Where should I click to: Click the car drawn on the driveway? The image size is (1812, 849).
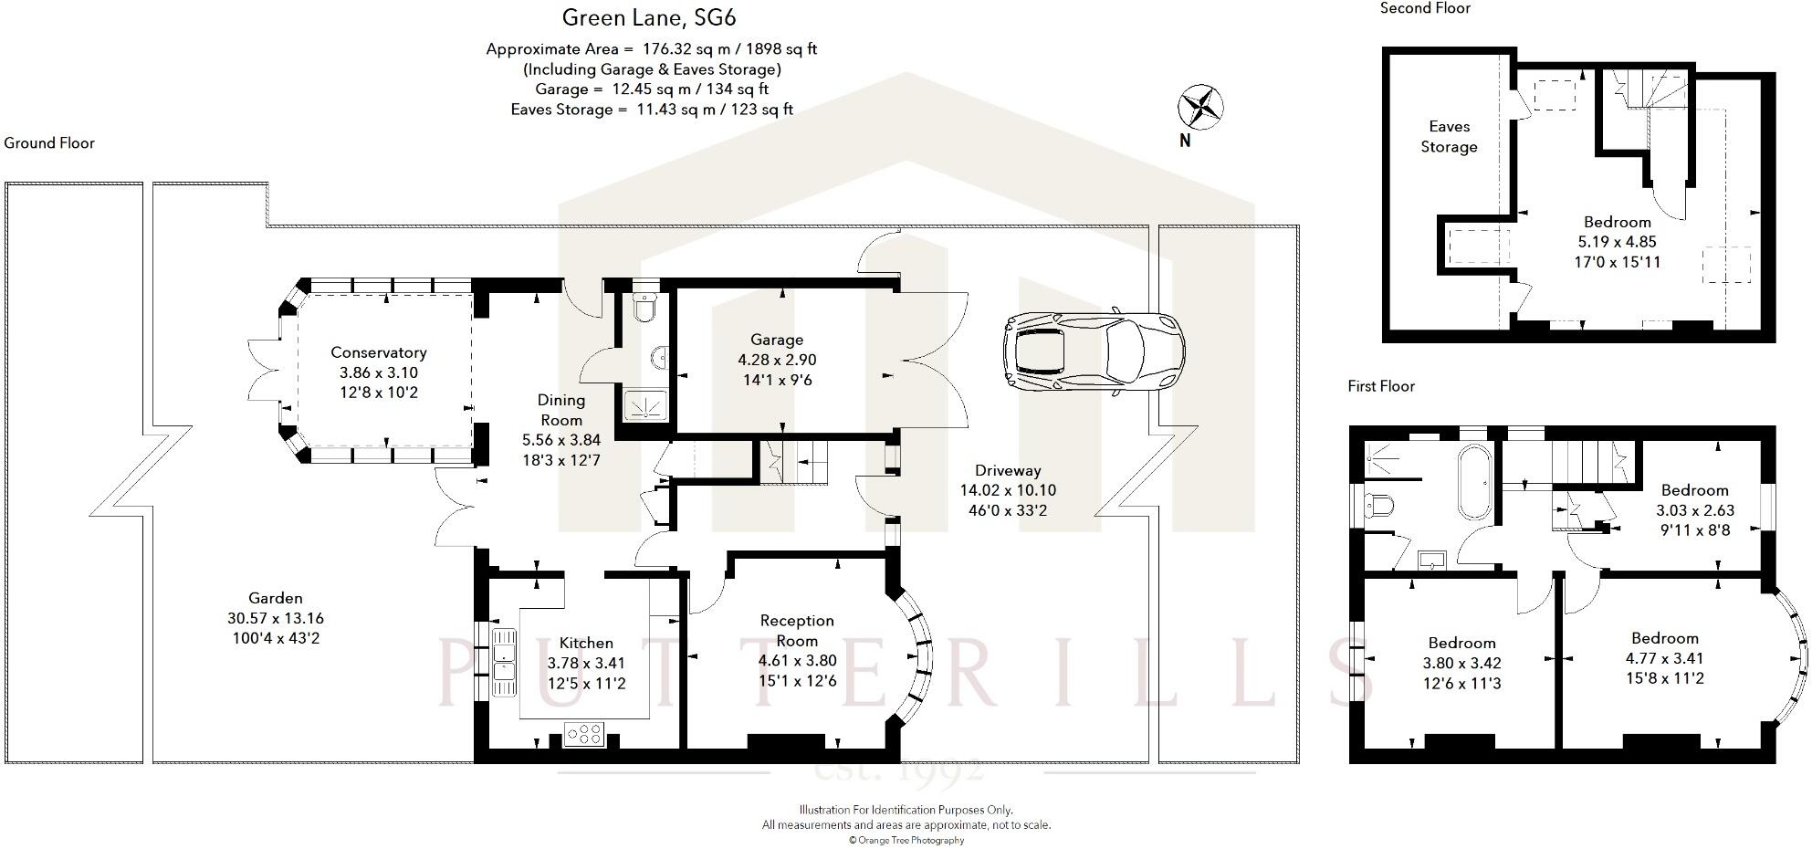(1095, 351)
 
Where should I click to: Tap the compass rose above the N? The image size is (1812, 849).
(1200, 108)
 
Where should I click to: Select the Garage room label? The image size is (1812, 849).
(777, 340)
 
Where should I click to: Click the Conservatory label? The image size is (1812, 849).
(379, 352)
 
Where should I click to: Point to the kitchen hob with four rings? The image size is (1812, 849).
(584, 733)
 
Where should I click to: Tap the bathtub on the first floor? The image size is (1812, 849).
(1474, 483)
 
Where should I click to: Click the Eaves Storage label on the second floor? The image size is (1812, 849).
(1449, 137)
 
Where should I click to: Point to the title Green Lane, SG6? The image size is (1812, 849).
(649, 17)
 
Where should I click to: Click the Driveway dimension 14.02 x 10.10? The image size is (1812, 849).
(1008, 490)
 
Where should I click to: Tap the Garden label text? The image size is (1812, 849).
(276, 598)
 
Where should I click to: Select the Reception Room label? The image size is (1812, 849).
(797, 631)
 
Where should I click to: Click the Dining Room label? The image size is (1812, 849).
(561, 410)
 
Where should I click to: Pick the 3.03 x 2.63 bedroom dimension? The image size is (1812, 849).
(1695, 510)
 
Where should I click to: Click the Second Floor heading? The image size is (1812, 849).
(1425, 8)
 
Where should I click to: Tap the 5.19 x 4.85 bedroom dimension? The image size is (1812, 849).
(1618, 242)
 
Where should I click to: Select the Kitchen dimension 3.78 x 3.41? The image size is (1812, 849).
(586, 664)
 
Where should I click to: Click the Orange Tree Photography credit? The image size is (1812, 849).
(906, 840)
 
